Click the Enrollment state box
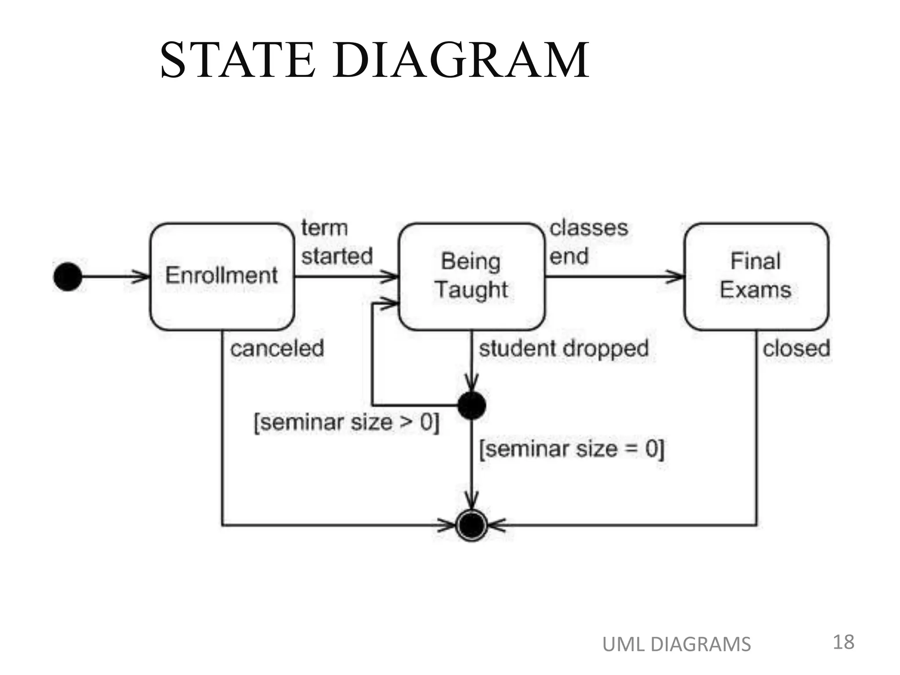pos(222,276)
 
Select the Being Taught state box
pos(472,276)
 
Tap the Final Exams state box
pos(756,276)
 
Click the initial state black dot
pos(68,277)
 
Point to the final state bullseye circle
pos(472,525)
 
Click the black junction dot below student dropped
pos(472,405)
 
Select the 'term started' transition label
pos(337,242)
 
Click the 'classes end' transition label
pos(588,242)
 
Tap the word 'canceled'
pos(277,349)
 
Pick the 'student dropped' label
pos(563,349)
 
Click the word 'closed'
pos(796,349)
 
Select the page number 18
pos(843,642)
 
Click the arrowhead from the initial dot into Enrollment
pos(142,277)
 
